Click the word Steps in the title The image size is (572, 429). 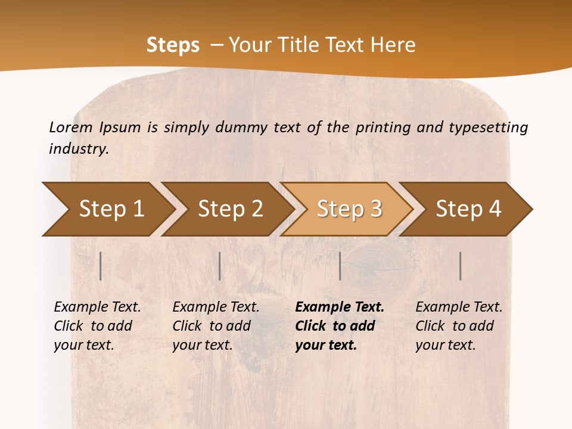(173, 45)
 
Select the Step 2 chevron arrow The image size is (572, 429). (229, 209)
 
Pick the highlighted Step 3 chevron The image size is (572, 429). (349, 209)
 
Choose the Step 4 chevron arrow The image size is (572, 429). (468, 209)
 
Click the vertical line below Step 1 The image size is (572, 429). (101, 266)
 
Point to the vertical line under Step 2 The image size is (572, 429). (220, 266)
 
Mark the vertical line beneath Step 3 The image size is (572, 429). (340, 266)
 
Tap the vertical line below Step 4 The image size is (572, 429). (461, 266)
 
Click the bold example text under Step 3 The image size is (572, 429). (338, 326)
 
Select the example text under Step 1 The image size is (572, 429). (97, 326)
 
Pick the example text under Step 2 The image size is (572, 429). (215, 326)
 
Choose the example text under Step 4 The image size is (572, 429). (458, 326)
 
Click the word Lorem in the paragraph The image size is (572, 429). (70, 127)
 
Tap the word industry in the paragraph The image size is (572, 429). (78, 149)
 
